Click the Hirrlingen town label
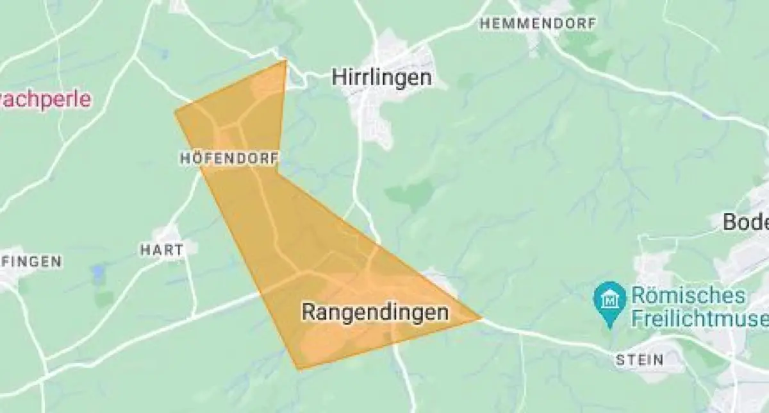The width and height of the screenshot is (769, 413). tap(381, 78)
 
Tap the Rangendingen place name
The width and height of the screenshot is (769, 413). tap(374, 312)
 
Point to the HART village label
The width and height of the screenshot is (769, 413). tap(161, 249)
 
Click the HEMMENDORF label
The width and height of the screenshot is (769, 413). tap(538, 24)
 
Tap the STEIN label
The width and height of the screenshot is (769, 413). tap(639, 359)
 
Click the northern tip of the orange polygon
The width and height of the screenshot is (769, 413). tap(285, 61)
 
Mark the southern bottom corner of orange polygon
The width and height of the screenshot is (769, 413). tap(299, 369)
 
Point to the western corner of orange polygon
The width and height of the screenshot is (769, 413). tap(175, 112)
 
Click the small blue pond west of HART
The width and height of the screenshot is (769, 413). tap(98, 274)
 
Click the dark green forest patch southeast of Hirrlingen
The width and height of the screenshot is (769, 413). tap(410, 193)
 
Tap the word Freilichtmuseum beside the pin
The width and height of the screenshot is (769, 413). tap(699, 318)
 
